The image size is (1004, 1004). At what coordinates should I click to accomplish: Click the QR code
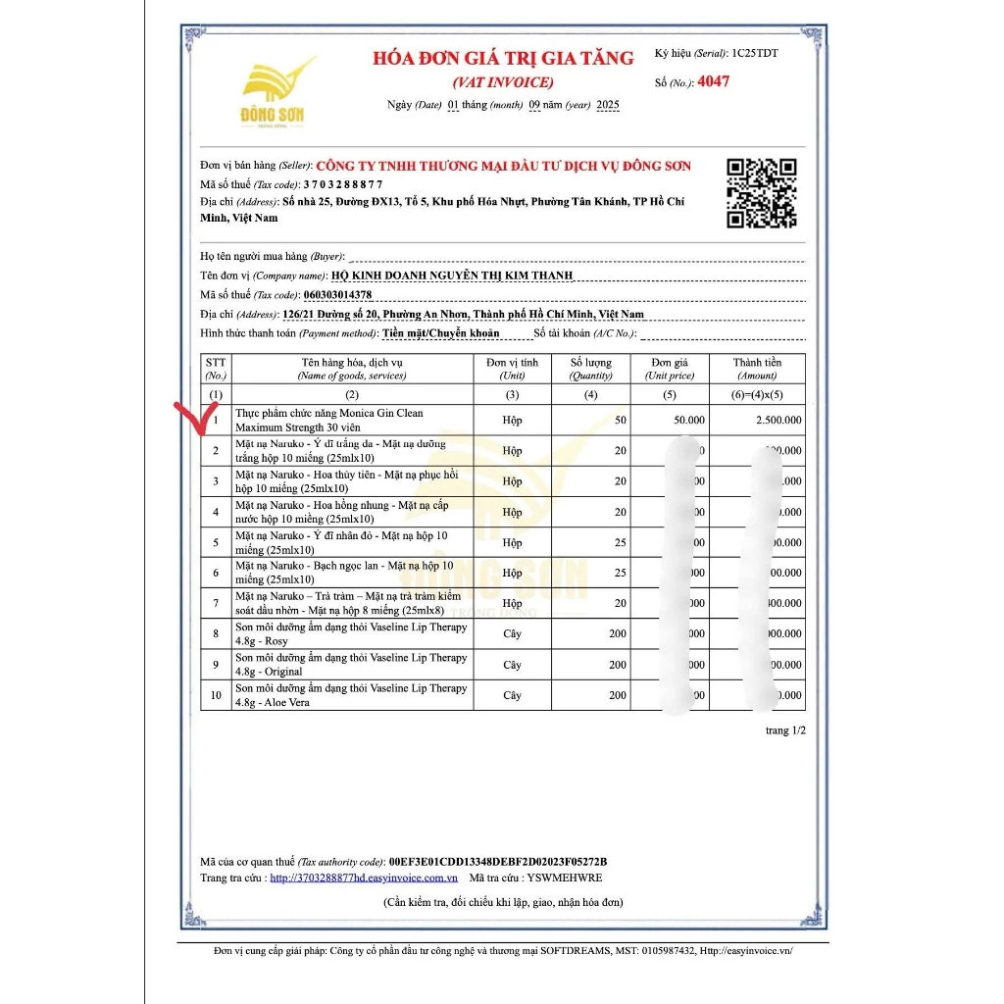tap(761, 192)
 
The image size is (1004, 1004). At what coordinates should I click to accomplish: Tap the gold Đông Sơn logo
tap(274, 92)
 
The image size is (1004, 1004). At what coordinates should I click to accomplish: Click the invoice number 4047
tap(713, 81)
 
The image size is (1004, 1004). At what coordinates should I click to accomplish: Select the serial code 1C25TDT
tap(754, 53)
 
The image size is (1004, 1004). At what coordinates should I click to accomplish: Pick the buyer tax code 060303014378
tap(337, 294)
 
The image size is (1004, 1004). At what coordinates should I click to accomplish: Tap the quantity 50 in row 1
tap(620, 420)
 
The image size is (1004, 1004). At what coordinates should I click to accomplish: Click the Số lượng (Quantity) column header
tap(590, 369)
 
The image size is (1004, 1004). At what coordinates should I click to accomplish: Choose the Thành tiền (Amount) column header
tap(757, 369)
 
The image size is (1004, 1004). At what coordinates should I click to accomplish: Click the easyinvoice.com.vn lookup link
tap(364, 878)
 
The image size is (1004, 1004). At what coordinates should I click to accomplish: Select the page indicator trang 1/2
tap(784, 730)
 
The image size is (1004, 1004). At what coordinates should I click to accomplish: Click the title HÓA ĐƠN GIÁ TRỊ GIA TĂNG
tap(503, 59)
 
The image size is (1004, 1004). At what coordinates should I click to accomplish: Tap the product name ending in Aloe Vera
tap(351, 695)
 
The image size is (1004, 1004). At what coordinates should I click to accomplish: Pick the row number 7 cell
tap(216, 603)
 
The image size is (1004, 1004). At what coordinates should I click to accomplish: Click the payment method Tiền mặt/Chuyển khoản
tap(440, 333)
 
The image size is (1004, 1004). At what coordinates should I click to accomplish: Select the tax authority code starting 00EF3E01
tap(498, 860)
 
